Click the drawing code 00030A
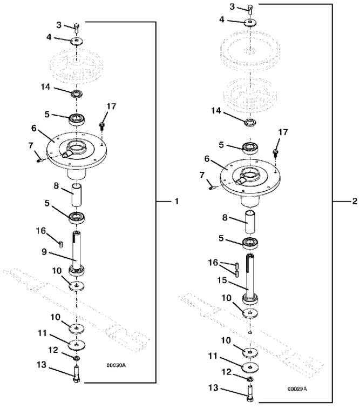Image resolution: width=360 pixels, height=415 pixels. [x=116, y=365]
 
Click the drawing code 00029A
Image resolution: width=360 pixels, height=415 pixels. [x=297, y=389]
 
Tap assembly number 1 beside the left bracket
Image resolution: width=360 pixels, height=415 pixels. [x=177, y=202]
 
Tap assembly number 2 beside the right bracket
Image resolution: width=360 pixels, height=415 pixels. [x=355, y=201]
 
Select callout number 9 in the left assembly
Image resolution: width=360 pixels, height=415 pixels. [x=44, y=252]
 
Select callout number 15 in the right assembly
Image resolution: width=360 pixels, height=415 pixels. [x=222, y=280]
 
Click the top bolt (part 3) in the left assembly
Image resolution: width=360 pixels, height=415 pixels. [x=77, y=28]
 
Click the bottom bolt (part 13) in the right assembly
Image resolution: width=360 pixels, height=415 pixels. [x=250, y=393]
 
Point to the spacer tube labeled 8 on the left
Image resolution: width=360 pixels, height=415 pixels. [x=77, y=195]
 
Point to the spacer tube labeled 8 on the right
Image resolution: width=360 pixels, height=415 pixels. [x=250, y=222]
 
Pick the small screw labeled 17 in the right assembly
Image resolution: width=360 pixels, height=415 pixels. [x=275, y=153]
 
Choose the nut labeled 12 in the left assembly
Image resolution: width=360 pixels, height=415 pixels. [x=77, y=358]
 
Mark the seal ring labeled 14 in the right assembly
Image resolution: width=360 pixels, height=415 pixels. [x=250, y=123]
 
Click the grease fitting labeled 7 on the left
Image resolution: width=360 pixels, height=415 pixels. [x=40, y=159]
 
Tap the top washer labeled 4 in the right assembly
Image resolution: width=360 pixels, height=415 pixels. [x=250, y=22]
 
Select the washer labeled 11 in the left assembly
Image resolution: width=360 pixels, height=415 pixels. [x=77, y=345]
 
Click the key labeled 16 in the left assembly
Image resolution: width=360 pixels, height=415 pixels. [x=61, y=244]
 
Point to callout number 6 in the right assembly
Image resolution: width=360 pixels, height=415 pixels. [x=207, y=159]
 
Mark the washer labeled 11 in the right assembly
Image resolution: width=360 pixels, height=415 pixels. [x=250, y=367]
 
